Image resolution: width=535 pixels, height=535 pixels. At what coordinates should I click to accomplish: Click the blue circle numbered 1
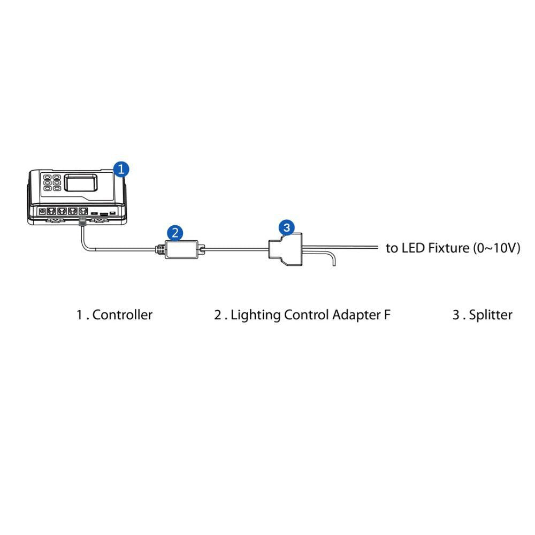122,170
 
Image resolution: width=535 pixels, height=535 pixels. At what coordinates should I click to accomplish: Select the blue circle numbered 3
287,227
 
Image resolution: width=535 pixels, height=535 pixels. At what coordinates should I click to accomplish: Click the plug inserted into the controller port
82,221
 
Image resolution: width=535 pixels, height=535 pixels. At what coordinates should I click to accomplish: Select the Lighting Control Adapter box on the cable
180,249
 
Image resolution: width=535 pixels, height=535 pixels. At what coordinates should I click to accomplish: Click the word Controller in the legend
123,315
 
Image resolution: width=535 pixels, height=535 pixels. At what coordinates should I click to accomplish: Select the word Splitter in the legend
491,315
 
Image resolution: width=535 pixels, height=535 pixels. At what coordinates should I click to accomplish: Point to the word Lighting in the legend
256,315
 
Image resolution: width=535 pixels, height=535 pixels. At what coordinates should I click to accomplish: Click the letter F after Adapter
387,315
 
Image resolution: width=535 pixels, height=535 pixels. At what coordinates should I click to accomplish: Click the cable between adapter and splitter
235,248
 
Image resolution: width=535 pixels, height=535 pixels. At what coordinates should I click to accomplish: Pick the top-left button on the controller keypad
47,177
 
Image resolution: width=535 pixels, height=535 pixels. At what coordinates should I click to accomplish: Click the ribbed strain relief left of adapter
159,249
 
